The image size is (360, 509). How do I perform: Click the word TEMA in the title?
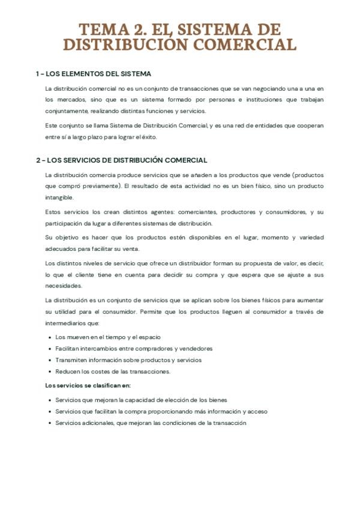pyautogui.click(x=100, y=30)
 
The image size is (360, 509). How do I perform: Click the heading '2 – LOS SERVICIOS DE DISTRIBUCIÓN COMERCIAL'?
pyautogui.click(x=121, y=160)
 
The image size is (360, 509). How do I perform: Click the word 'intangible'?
pyautogui.click(x=59, y=197)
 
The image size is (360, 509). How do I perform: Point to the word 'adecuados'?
pyautogui.click(x=61, y=249)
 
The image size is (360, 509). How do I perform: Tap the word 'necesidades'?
pyautogui.click(x=64, y=286)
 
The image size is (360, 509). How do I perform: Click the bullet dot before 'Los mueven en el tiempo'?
pyautogui.click(x=49, y=337)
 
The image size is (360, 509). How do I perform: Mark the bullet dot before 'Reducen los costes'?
pyautogui.click(x=49, y=372)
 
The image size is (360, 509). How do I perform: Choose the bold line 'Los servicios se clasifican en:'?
pyautogui.click(x=88, y=385)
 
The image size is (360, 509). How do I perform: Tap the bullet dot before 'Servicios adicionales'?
pyautogui.click(x=49, y=423)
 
